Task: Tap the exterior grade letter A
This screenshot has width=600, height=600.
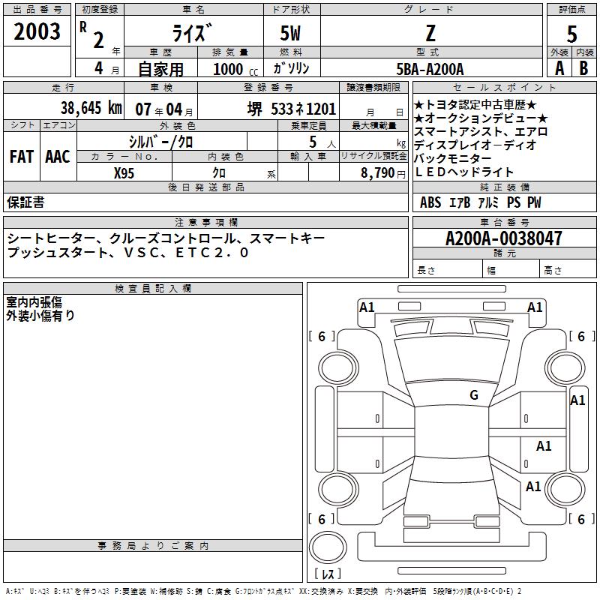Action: coord(559,67)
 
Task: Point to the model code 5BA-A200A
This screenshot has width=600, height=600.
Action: coord(430,68)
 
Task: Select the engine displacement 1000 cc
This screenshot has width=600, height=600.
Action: coord(232,68)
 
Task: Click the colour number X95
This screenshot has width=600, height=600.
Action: coord(124,172)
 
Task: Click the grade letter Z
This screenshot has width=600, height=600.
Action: coord(430,32)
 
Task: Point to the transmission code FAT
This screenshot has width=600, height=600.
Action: coord(22,157)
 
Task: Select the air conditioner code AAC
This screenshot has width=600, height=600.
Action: coord(57,157)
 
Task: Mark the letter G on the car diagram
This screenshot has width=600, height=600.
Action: coord(474,395)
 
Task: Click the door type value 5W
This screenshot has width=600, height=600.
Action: coord(291,32)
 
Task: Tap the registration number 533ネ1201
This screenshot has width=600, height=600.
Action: coord(304,108)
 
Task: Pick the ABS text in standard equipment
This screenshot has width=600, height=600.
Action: coord(430,202)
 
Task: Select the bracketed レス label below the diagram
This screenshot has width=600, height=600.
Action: coord(327,575)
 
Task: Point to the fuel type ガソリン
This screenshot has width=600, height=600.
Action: coord(291,68)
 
